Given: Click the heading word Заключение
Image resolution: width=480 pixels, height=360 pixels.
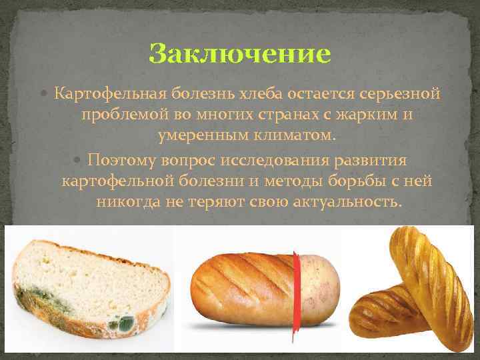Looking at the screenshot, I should point(240,53).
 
